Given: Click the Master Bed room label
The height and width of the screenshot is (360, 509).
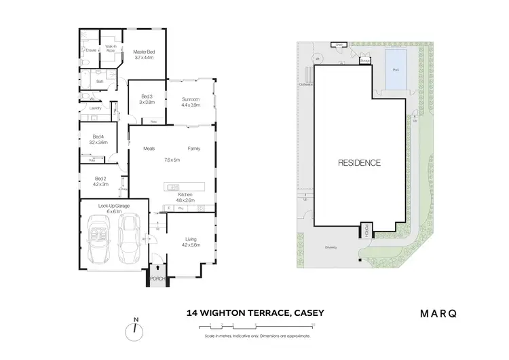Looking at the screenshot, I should pos(144,55).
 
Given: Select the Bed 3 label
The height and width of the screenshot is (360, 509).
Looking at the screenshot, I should pos(148,99).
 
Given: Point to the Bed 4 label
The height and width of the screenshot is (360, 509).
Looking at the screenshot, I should pos(99,139).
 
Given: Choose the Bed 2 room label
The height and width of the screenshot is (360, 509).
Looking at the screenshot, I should pos(99,181).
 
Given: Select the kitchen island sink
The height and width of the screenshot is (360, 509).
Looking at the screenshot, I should pos(172,187).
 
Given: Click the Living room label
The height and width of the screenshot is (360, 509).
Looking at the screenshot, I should pos(191,242).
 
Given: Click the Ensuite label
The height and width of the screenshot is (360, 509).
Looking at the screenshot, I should pos(91,50).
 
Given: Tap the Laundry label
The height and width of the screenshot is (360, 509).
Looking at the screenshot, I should pos(95,108).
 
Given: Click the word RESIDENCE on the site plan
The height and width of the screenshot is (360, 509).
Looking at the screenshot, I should pos(359,163).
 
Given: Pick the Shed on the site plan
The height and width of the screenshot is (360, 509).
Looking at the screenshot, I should pos(337,46).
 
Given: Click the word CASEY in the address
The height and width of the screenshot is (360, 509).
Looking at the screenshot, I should pos(308,314).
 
